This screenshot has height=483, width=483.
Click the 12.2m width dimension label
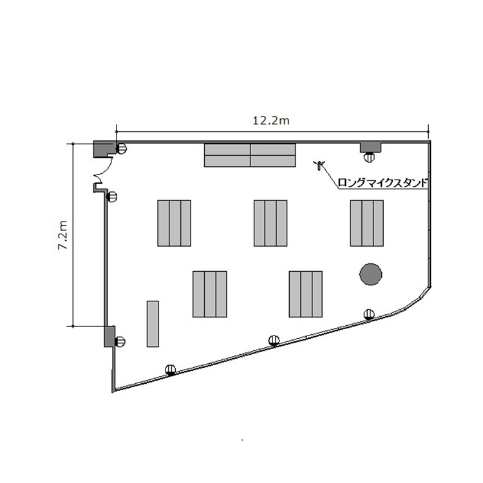[271, 120]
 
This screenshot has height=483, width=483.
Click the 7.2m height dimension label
[63, 234]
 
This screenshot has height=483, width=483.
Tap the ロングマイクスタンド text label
[383, 183]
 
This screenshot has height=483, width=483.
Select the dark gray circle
[370, 274]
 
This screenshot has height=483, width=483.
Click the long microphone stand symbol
[319, 165]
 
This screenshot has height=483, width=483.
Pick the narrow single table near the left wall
[153, 324]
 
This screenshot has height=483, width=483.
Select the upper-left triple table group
[174, 223]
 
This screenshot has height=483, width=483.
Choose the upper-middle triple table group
[270, 223]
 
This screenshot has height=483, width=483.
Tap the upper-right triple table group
[366, 223]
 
